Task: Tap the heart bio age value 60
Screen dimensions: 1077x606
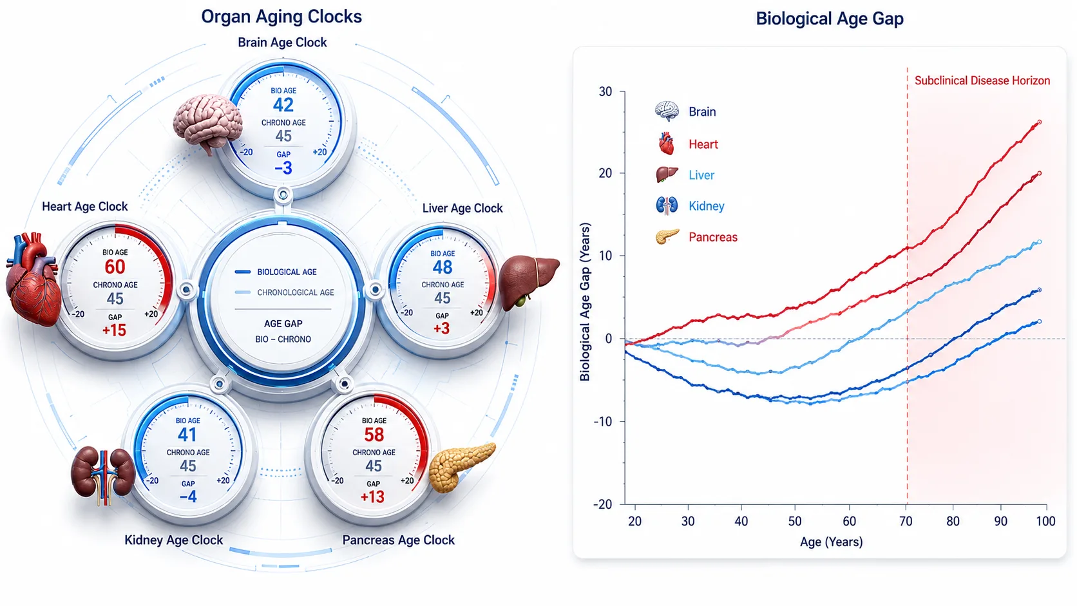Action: click(115, 267)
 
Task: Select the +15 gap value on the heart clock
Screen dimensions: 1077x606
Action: click(114, 330)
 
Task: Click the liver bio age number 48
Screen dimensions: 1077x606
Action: click(443, 267)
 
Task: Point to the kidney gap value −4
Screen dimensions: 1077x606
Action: click(188, 497)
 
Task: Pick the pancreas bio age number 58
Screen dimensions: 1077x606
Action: click(374, 435)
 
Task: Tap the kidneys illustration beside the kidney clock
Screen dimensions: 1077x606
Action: click(103, 475)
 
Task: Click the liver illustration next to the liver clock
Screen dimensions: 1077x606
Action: click(529, 283)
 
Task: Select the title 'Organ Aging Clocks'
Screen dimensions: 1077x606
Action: click(281, 17)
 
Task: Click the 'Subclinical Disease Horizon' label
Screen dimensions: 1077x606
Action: click(982, 80)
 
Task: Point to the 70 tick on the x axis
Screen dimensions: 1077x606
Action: click(906, 522)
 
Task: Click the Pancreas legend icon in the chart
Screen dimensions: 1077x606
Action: click(667, 236)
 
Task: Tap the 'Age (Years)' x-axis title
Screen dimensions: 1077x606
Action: click(832, 542)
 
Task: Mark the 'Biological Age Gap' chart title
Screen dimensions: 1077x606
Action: click(830, 19)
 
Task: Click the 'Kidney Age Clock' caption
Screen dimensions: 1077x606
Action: click(173, 540)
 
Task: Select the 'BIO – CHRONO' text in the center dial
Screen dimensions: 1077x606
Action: click(283, 339)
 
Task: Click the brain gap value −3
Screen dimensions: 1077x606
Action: click(283, 168)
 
